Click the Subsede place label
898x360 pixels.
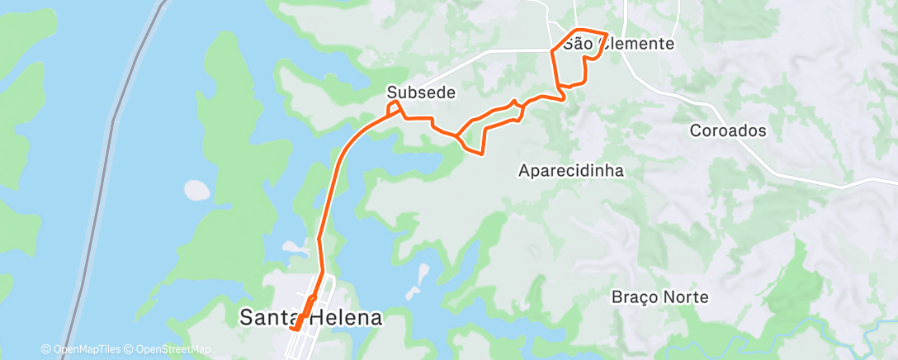click(x=421, y=92)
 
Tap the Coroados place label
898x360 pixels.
click(x=728, y=130)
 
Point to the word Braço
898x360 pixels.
click(x=636, y=296)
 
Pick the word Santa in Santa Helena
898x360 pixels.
click(x=269, y=317)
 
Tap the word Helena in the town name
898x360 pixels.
click(x=347, y=317)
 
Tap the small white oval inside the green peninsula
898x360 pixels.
click(x=197, y=190)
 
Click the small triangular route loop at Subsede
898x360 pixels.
click(x=396, y=109)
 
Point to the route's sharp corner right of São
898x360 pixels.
click(x=607, y=36)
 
